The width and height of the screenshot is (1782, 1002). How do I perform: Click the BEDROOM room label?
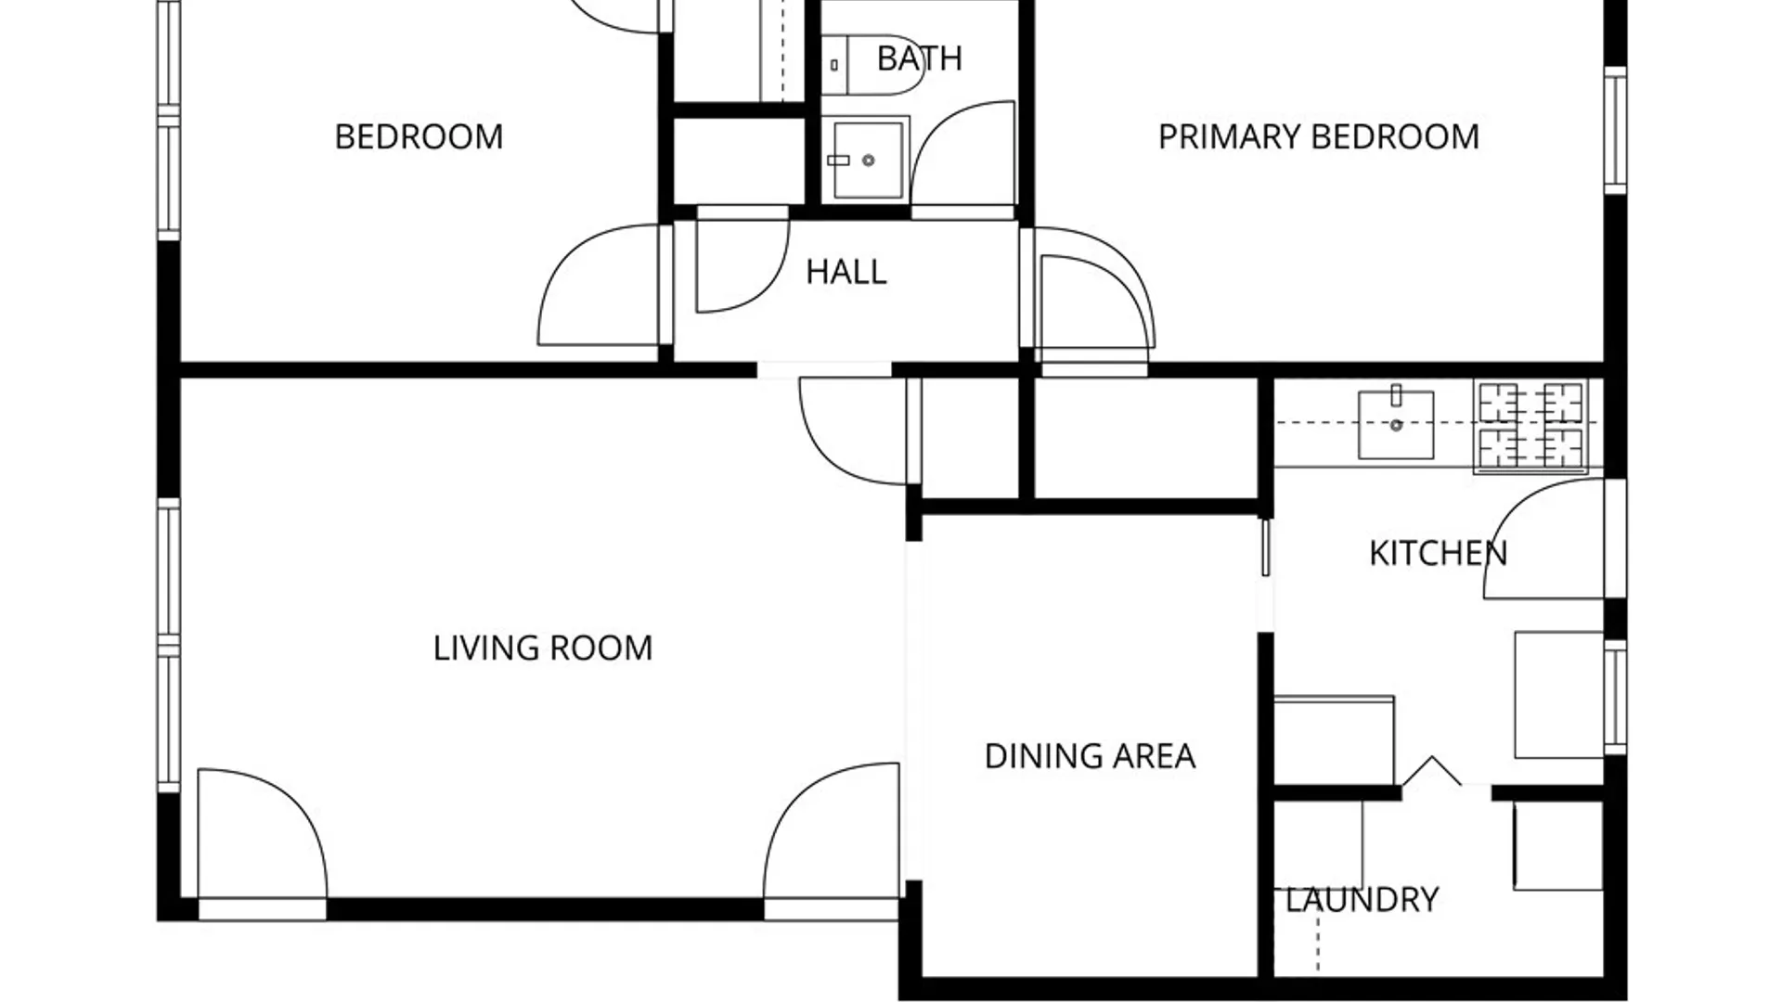click(x=419, y=137)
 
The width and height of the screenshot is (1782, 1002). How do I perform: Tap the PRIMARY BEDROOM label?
click(x=1319, y=137)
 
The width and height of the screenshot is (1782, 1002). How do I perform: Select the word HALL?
click(x=846, y=272)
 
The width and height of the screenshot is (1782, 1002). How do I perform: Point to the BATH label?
click(x=920, y=58)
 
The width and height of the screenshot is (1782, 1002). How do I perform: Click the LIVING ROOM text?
click(x=543, y=648)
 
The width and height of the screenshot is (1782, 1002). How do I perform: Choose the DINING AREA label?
click(x=1090, y=756)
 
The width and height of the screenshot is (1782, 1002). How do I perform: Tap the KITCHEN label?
click(x=1438, y=554)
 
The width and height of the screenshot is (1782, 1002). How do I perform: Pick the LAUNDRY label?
click(x=1362, y=900)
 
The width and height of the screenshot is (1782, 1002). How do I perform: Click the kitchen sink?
click(x=1396, y=424)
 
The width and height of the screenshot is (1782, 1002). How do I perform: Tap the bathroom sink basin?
click(x=866, y=159)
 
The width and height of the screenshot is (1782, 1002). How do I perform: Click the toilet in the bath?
click(x=873, y=65)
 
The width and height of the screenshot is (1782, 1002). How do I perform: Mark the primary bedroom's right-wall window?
click(x=1616, y=131)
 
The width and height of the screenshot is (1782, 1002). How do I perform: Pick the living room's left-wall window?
click(x=168, y=646)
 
